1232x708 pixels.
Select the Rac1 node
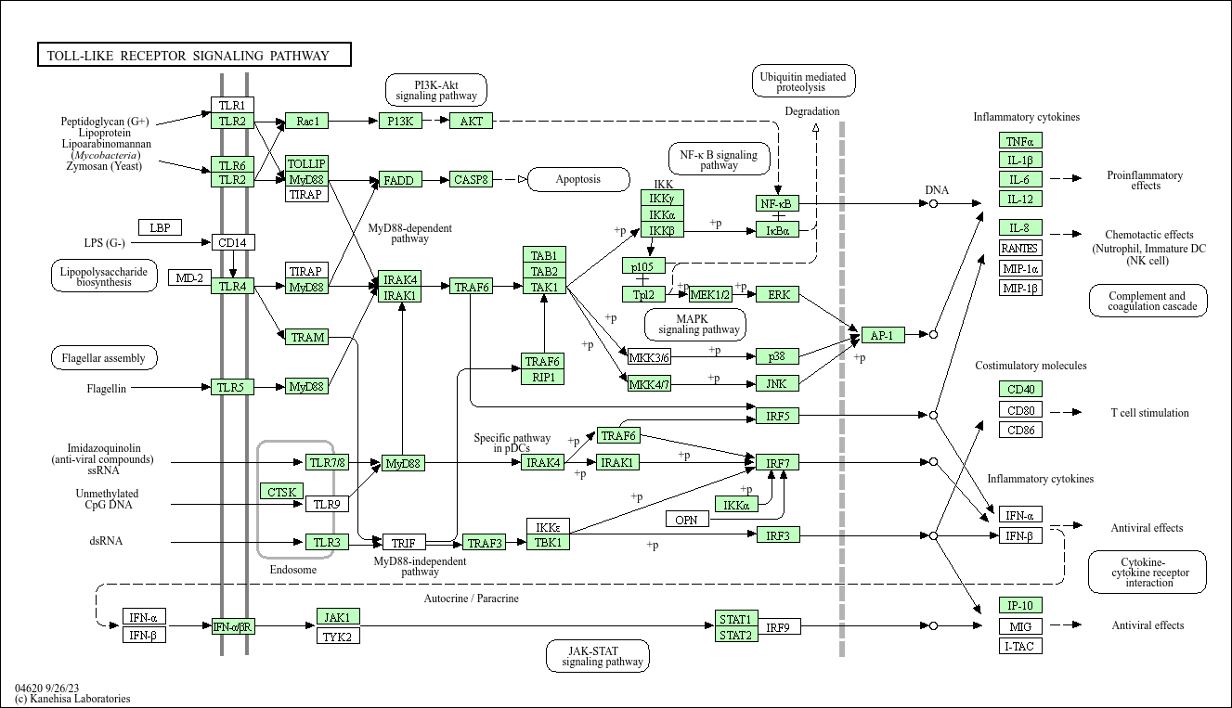pos(306,121)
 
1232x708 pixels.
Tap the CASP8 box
pos(471,179)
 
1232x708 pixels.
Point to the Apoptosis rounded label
pos(577,179)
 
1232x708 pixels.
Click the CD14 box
pos(232,243)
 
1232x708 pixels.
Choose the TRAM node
pos(306,337)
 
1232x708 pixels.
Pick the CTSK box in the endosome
pos(280,492)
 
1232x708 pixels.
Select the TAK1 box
pos(544,288)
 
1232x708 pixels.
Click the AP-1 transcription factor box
pos(882,335)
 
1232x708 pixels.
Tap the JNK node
pos(777,383)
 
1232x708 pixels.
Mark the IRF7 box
pos(777,462)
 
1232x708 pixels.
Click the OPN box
pos(686,520)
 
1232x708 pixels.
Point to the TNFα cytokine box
pos(1019,141)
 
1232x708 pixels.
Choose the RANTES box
pos(1019,248)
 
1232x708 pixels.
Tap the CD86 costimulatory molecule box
pos(1019,430)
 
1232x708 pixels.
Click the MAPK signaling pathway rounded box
pos(695,324)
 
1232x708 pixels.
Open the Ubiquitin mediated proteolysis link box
pos(803,82)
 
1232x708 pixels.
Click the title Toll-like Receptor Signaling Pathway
pos(194,56)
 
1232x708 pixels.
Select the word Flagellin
pos(107,388)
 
